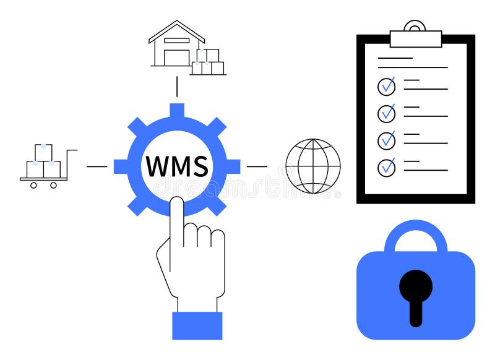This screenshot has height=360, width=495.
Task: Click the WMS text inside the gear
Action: click(176, 166)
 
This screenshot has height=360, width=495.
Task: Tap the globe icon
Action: click(313, 166)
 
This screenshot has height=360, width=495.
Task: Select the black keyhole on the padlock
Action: click(416, 294)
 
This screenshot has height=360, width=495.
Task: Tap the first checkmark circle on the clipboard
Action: click(387, 86)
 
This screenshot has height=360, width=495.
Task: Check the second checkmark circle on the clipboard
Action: click(387, 113)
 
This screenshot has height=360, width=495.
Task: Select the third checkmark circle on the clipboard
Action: click(387, 140)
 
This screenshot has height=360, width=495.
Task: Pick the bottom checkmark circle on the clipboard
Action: click(387, 167)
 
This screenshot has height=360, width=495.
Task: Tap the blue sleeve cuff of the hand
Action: click(197, 325)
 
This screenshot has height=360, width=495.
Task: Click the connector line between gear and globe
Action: click(257, 166)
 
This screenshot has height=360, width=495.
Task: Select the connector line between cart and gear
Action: click(97, 166)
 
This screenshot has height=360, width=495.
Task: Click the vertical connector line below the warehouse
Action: click(177, 87)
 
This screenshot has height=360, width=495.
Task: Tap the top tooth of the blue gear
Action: click(177, 111)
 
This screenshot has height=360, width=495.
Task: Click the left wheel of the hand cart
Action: click(34, 184)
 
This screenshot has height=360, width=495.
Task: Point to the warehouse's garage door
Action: click(176, 57)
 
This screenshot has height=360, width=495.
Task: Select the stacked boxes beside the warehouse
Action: click(209, 62)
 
